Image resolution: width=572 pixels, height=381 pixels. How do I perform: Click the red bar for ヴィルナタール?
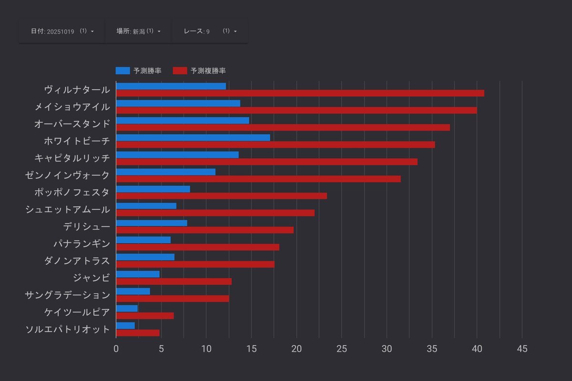(300, 93)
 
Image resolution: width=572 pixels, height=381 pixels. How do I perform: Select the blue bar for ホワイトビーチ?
(193, 138)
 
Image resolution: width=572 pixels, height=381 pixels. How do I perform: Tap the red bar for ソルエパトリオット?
(138, 333)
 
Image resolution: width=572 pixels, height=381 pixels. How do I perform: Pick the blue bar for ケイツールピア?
(127, 309)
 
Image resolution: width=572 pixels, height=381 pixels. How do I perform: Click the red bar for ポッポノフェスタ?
(221, 196)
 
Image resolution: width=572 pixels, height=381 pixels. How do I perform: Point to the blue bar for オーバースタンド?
(183, 120)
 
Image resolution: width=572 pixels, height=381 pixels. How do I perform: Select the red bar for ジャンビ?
(174, 281)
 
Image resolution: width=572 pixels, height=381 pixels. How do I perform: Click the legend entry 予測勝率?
(139, 70)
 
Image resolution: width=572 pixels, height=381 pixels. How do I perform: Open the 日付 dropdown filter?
(62, 31)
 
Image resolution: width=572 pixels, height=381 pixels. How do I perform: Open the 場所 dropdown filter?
(138, 31)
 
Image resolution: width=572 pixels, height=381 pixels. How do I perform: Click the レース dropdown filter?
(210, 31)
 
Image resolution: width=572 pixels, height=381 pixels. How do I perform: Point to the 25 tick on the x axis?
(342, 349)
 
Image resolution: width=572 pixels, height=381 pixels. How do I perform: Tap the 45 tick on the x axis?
(522, 349)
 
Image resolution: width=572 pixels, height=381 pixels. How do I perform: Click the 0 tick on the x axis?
(116, 349)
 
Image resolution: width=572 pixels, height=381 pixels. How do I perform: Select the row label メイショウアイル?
(72, 107)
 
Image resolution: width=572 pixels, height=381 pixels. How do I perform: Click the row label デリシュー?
(86, 227)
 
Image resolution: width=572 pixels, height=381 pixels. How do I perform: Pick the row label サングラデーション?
(67, 295)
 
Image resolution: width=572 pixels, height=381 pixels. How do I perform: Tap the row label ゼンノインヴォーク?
(67, 175)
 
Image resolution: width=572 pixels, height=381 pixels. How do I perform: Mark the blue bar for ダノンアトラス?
(145, 257)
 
